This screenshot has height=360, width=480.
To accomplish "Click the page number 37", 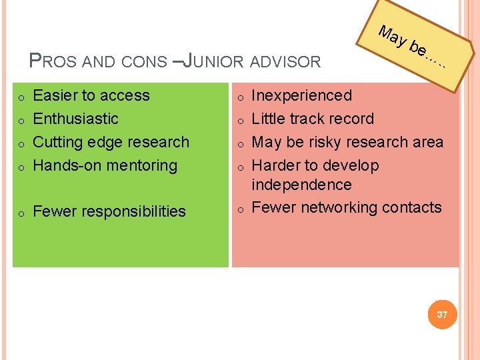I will [x=443, y=314].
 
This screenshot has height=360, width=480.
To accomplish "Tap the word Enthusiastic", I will [x=75, y=119].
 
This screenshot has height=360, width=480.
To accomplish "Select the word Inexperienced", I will [x=301, y=96].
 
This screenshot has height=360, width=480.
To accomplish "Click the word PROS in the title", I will [x=55, y=62].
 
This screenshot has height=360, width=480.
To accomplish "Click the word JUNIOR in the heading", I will [x=213, y=62].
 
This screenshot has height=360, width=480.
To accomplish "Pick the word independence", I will [x=301, y=185].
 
